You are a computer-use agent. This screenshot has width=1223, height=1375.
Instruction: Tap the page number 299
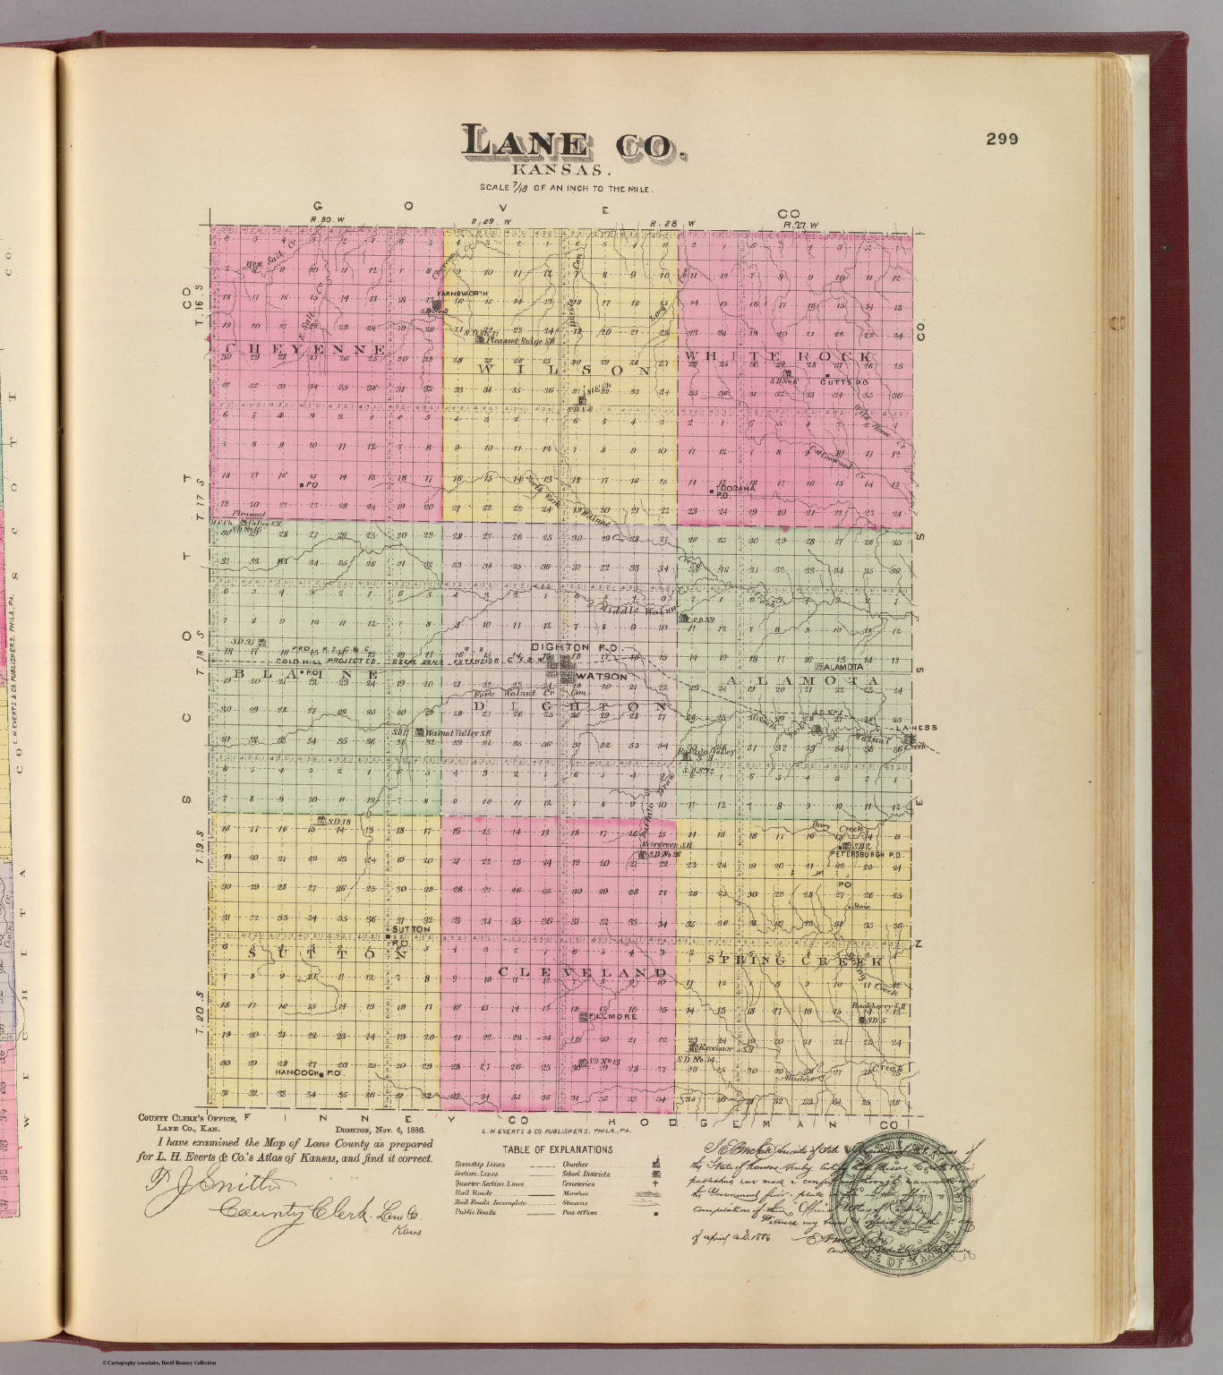click(1002, 139)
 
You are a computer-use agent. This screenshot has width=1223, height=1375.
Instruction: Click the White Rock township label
click(778, 357)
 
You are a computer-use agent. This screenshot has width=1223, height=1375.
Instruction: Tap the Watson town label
click(602, 677)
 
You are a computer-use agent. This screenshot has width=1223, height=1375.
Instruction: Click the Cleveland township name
click(583, 972)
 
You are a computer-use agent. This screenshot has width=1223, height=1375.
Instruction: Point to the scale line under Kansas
click(568, 189)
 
